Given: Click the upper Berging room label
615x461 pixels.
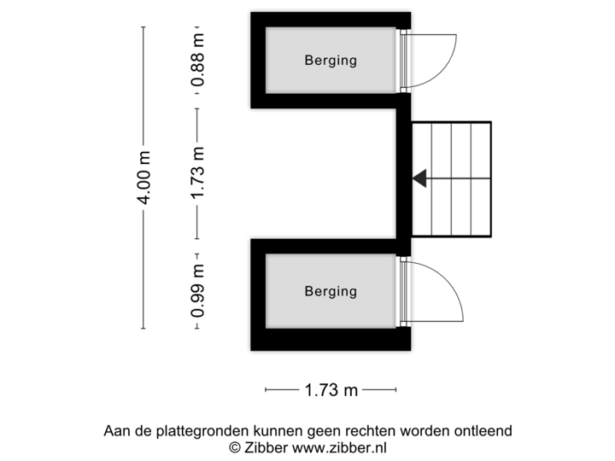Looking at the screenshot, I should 331,61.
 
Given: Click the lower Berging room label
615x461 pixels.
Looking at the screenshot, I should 331,291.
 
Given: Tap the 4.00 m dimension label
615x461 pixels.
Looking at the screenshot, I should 143,178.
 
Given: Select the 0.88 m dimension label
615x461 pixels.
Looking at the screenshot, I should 197,60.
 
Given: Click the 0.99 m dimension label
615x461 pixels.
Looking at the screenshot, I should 197,290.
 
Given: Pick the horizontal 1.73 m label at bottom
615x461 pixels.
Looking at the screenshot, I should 331,390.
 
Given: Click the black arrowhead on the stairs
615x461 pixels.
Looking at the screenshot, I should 419,178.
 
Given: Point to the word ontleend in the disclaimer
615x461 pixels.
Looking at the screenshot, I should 486,431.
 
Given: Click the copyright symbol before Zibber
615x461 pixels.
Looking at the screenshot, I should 234,446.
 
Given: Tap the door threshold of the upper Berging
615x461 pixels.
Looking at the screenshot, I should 405,61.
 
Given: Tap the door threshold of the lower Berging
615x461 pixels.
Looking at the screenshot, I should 405,291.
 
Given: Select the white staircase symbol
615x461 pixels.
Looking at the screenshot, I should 452,178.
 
